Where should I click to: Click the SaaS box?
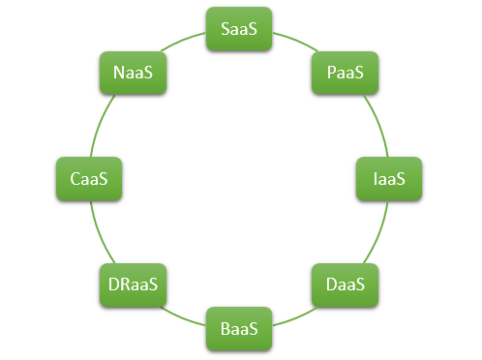tap(240, 30)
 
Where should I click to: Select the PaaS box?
tap(346, 74)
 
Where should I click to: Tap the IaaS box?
tap(389, 179)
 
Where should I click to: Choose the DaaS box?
tap(346, 285)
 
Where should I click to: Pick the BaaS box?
tap(240, 329)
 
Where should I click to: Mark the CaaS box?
tap(90, 179)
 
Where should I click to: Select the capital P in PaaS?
tap(331, 74)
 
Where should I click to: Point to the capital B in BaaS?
tap(226, 329)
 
